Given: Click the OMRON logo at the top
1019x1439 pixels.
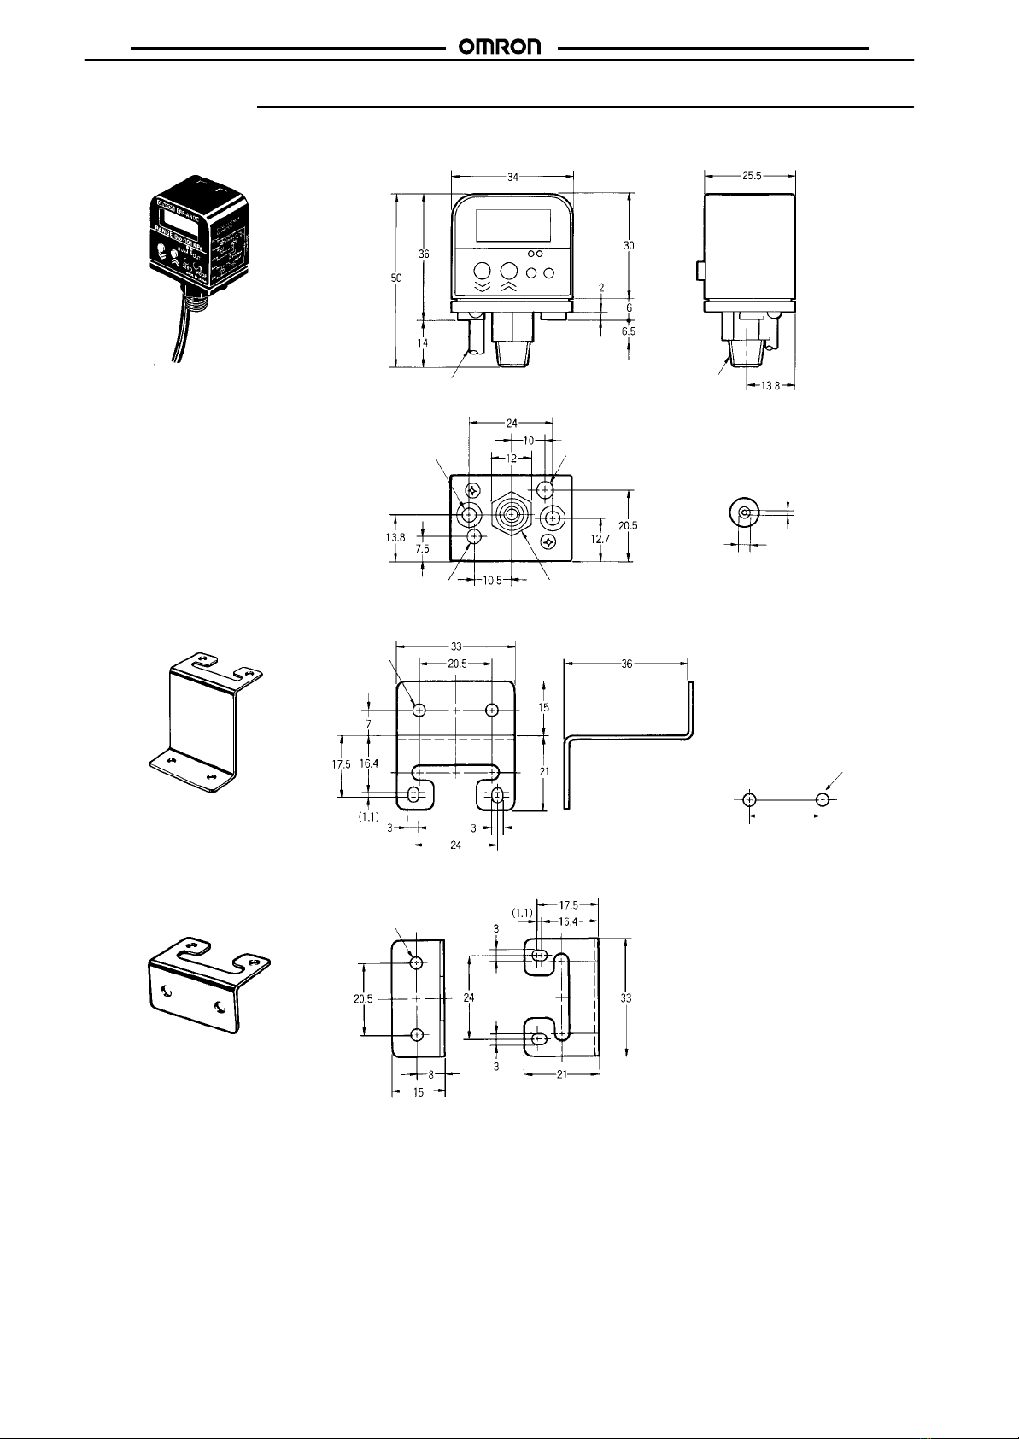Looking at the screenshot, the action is click(x=501, y=48).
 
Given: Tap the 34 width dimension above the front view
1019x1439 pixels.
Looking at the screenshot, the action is click(x=512, y=177).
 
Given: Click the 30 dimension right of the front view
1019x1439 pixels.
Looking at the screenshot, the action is click(x=629, y=245).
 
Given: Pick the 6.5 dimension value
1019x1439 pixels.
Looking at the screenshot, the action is click(x=629, y=330).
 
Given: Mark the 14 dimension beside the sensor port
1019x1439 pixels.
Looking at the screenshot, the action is click(x=423, y=342).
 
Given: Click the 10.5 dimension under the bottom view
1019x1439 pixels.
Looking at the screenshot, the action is click(x=487, y=581).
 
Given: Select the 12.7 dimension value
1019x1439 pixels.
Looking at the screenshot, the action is click(x=601, y=538).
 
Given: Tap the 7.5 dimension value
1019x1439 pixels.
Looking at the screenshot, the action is click(x=423, y=549).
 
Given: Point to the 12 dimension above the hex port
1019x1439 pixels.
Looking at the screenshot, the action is click(x=512, y=458).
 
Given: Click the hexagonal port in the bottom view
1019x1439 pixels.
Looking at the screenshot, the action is click(x=511, y=517).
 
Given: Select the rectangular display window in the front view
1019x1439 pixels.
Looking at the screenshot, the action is click(x=512, y=225).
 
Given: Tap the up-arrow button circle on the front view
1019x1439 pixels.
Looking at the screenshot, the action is click(x=510, y=271).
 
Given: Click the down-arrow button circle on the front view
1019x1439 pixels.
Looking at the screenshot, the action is click(x=481, y=271).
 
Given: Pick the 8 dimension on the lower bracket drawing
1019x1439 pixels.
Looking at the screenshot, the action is click(x=430, y=1075).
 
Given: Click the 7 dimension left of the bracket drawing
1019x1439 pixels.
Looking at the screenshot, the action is click(x=368, y=723).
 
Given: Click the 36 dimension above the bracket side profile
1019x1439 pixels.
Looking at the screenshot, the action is click(x=627, y=663).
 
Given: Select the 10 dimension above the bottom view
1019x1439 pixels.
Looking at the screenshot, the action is click(x=529, y=440).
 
